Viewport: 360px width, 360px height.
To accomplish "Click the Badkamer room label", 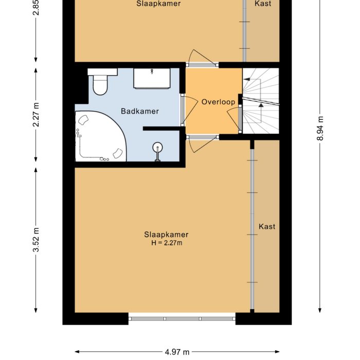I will click(x=140, y=111).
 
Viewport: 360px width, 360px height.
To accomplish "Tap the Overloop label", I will click(x=218, y=102).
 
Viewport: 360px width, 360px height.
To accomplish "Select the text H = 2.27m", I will click(x=163, y=243).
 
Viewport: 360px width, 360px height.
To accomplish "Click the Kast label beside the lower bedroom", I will click(x=267, y=226).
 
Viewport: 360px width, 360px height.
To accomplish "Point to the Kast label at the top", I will click(x=263, y=4).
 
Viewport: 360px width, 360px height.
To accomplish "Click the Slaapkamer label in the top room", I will click(x=158, y=4).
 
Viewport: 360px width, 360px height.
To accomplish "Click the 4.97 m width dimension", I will click(x=177, y=352).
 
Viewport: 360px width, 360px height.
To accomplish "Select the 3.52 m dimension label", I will click(x=35, y=240).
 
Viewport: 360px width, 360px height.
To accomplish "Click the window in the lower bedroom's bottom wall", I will click(x=182, y=318).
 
